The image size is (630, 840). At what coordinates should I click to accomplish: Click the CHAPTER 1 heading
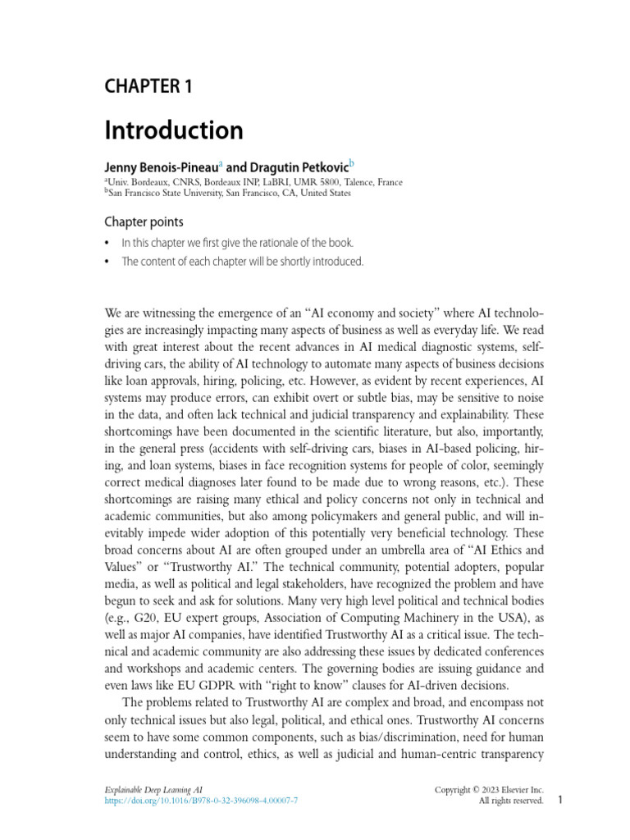click(x=148, y=86)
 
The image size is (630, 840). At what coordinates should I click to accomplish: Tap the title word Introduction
click(x=173, y=130)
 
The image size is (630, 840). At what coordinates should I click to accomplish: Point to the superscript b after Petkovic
click(x=352, y=163)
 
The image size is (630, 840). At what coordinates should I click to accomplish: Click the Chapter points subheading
click(x=144, y=222)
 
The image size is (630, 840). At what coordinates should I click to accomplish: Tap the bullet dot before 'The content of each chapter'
click(x=107, y=262)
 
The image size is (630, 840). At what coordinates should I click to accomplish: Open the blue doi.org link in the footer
click(x=201, y=801)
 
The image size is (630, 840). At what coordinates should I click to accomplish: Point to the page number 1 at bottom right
click(x=559, y=800)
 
